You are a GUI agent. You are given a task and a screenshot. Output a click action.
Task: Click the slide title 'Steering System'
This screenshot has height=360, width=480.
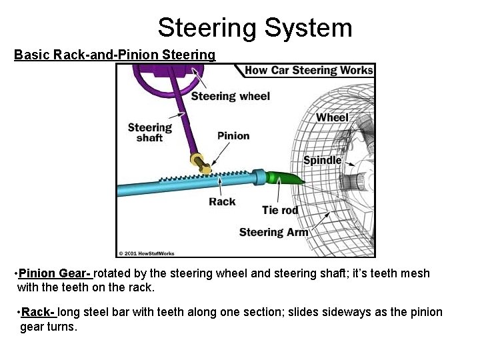[255, 28]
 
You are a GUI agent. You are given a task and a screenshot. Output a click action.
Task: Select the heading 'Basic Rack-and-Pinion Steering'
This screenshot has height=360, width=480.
[115, 55]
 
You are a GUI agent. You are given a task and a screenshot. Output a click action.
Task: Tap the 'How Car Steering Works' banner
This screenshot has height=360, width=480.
[309, 70]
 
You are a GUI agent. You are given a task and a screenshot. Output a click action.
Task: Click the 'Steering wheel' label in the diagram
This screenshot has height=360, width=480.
[231, 96]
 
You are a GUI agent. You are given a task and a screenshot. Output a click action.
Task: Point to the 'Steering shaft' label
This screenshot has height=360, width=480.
[150, 132]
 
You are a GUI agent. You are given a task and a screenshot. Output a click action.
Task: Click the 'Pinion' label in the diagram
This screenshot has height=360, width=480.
[233, 135]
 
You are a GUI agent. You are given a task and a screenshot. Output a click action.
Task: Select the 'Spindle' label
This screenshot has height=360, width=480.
[322, 160]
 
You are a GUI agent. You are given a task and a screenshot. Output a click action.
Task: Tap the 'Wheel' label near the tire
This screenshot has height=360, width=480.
[332, 117]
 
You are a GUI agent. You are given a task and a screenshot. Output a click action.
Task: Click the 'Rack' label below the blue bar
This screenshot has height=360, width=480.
[222, 201]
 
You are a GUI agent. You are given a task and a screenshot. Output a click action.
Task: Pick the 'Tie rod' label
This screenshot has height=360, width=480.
[280, 209]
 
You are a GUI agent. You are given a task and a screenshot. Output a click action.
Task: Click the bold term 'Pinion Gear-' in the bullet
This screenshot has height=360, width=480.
[55, 273]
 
